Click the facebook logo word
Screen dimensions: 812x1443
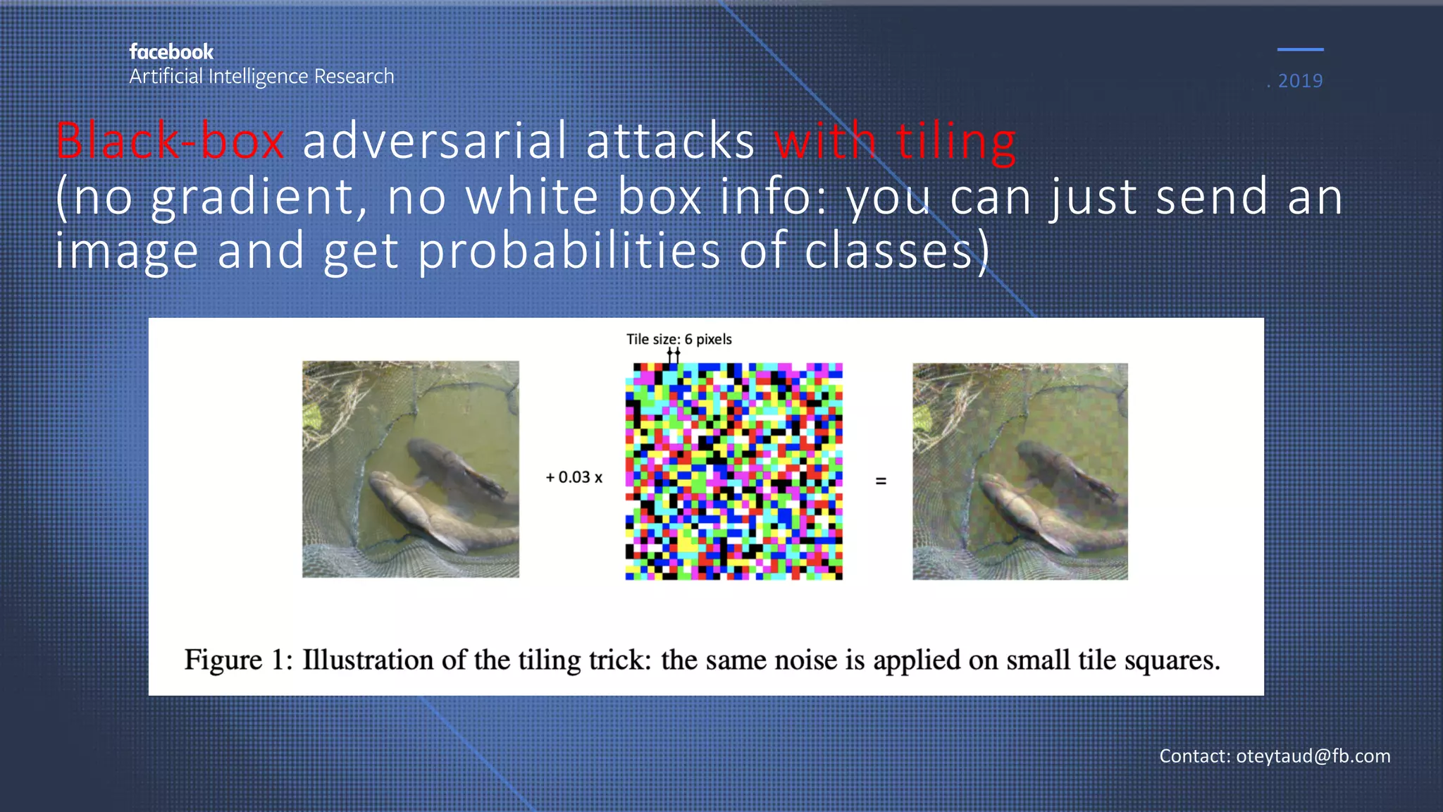point(171,52)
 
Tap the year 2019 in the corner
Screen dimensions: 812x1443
point(1300,81)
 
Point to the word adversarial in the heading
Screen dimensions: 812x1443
point(434,141)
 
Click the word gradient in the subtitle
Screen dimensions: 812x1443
point(253,197)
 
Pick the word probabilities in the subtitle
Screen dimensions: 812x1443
point(569,252)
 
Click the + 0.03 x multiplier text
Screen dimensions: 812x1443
point(574,477)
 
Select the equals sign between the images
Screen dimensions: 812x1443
point(881,481)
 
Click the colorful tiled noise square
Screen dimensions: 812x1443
point(733,472)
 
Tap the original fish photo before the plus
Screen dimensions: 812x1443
point(411,469)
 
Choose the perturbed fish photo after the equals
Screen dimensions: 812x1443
point(1020,472)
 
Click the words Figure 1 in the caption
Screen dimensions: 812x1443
point(237,660)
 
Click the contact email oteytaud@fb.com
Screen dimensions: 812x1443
point(1313,756)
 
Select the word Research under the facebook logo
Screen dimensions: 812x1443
point(354,76)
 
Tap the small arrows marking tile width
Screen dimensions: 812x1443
point(674,355)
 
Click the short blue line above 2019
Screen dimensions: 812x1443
point(1300,49)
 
